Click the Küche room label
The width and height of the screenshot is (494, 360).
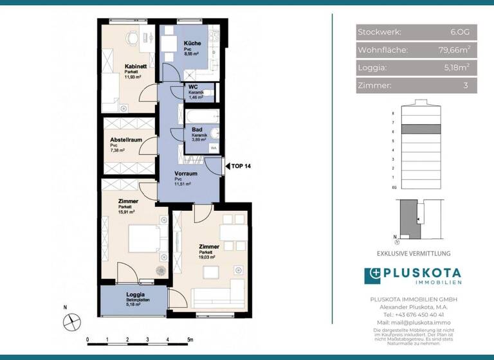click(192, 43)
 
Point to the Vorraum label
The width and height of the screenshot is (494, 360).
click(186, 174)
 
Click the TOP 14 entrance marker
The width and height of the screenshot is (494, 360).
click(241, 166)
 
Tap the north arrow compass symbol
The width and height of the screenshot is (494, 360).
click(73, 319)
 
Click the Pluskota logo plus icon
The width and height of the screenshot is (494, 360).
click(372, 276)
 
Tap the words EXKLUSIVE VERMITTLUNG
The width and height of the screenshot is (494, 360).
click(413, 254)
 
